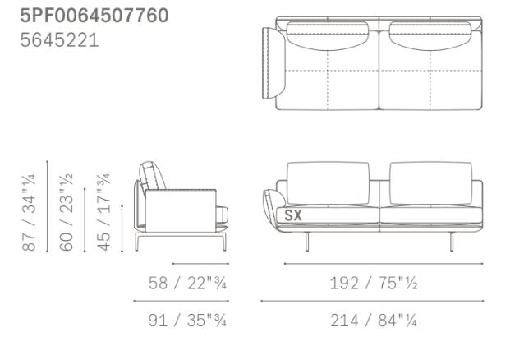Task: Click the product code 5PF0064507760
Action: click(94, 15)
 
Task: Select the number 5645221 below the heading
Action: click(59, 39)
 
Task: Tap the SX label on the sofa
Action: click(293, 216)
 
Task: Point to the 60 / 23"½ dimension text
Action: click(67, 211)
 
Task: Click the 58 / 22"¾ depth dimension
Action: click(187, 283)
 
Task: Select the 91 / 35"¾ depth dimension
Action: click(187, 320)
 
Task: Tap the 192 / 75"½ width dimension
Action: click(375, 283)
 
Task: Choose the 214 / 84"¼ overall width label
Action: click(375, 320)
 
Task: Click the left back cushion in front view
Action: click(328, 182)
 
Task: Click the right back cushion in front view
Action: click(431, 182)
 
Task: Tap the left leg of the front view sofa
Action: click(307, 240)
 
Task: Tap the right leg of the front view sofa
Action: click(452, 240)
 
